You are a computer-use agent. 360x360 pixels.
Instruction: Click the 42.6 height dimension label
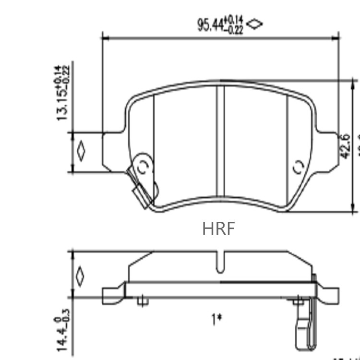(345, 146)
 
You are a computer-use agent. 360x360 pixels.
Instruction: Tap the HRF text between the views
(219, 228)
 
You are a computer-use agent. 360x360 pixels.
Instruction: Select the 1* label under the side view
(217, 318)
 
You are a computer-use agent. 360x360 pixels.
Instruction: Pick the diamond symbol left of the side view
(80, 276)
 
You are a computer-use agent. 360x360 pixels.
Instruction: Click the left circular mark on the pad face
(143, 167)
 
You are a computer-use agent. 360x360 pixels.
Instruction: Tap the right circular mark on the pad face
(298, 167)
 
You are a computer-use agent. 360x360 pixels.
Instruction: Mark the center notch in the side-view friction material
(220, 263)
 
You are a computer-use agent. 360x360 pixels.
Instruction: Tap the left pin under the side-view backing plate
(142, 301)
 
